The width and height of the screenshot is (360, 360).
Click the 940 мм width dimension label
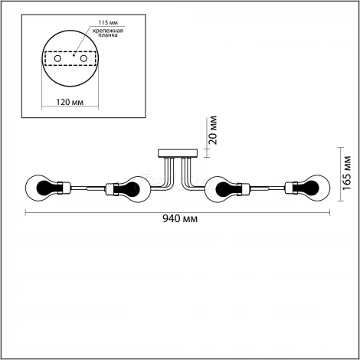pos(180,219)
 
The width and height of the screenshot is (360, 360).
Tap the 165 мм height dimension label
pos(347,172)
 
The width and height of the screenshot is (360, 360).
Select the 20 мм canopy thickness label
pos(212,130)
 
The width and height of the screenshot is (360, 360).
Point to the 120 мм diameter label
pos(70,102)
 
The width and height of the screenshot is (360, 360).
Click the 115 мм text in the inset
pos(108,23)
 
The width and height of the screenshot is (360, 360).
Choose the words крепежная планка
pos(108,33)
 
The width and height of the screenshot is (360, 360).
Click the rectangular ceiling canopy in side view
pos(178,153)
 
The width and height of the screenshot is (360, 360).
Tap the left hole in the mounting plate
pos(57,58)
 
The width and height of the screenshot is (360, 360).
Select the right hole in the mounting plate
pos(83,58)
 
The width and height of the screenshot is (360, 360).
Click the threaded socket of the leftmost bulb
pos(64,188)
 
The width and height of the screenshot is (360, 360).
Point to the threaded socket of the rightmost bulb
pos(291,188)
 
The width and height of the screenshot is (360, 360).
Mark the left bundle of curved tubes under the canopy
pos(166,175)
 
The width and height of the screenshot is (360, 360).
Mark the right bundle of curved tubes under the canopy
pos(190,175)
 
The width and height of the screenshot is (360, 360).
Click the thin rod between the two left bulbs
pos(88,188)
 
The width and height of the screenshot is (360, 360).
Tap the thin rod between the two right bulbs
pos(267,188)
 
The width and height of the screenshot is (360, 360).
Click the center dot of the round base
pos(74,55)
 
